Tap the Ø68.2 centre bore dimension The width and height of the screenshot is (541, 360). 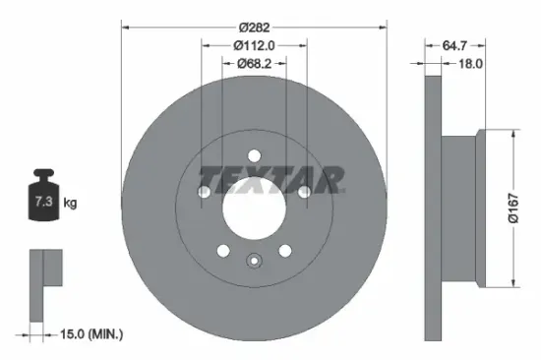click(x=254, y=64)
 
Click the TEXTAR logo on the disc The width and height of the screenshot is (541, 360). click(x=271, y=178)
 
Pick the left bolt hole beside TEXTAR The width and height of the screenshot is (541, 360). click(x=205, y=189)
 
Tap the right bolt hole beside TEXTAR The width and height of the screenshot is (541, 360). click(x=304, y=189)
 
